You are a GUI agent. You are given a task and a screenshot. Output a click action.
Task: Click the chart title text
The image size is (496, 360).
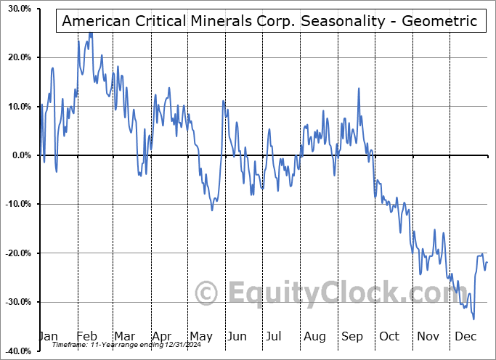click(x=269, y=20)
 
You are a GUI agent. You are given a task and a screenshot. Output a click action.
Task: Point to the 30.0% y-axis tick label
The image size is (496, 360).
click(x=16, y=9)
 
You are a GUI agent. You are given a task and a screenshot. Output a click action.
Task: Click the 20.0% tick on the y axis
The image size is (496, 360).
click(x=16, y=57)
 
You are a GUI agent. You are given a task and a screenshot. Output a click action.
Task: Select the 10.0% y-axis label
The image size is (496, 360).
click(x=16, y=107)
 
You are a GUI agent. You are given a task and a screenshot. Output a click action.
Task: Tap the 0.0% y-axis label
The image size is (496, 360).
click(x=18, y=155)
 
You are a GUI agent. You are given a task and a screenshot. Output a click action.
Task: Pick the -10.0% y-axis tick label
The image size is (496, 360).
click(x=15, y=204)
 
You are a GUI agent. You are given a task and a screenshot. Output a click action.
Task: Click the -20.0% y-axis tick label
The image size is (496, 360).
click(x=15, y=253)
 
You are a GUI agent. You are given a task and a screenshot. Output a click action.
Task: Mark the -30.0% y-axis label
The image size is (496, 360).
click(x=15, y=302)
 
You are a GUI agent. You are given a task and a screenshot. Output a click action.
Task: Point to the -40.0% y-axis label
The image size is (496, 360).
click(x=15, y=351)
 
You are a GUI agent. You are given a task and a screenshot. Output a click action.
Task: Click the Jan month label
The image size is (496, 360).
click(x=47, y=336)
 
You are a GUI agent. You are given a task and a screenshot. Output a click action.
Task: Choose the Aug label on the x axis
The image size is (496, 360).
click(x=315, y=336)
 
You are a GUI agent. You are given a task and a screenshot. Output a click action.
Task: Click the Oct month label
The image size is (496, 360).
click(x=390, y=336)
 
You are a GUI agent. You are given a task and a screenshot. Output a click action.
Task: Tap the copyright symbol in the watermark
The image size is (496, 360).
click(x=208, y=294)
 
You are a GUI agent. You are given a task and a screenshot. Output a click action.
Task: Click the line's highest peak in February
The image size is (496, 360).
click(x=90, y=33)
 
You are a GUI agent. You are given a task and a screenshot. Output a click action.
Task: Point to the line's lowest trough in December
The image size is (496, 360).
click(x=474, y=319)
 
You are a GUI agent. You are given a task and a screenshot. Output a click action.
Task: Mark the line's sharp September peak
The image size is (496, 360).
click(x=358, y=89)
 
